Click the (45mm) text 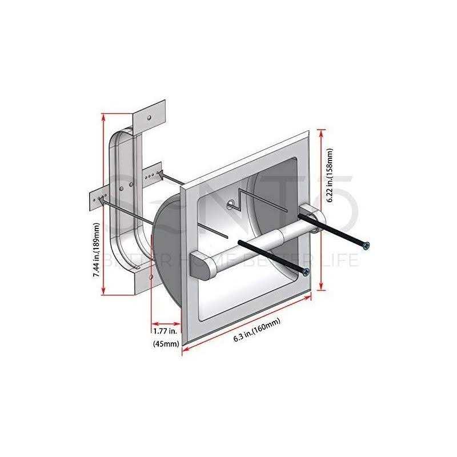(166, 344)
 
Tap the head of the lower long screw (307, 272)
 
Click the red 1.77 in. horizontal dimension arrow (166, 320)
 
